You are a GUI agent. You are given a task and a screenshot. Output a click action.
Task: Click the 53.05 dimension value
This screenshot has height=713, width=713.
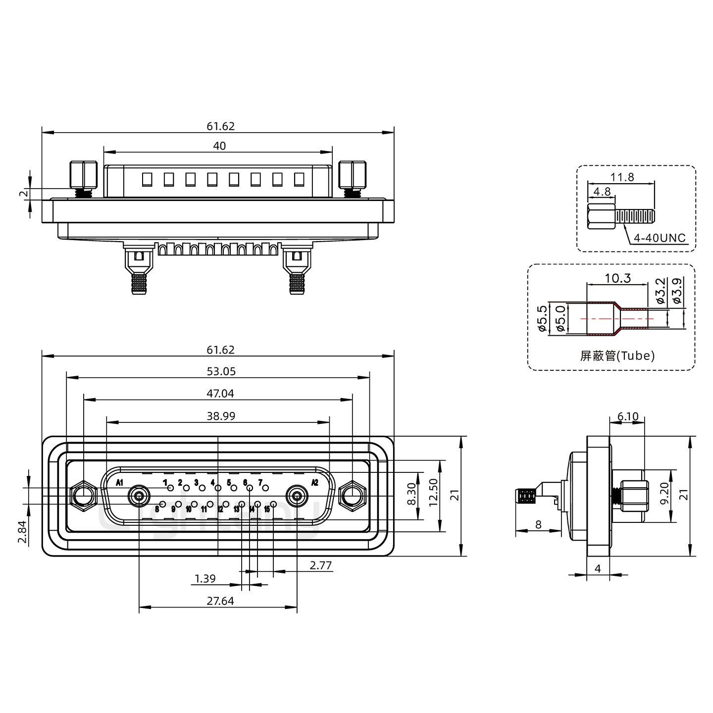(221, 371)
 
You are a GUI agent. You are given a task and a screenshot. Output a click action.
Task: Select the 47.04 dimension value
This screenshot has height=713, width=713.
(221, 394)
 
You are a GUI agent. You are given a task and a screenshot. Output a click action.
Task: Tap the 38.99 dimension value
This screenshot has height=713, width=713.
(221, 416)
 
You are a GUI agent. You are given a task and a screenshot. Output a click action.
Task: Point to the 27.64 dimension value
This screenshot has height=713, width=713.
(220, 601)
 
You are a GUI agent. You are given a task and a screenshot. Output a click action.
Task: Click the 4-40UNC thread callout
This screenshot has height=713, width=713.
(660, 238)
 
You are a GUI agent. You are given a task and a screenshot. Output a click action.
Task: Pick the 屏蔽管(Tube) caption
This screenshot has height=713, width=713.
(617, 356)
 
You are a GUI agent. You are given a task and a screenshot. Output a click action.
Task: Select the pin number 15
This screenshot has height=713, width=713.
(267, 509)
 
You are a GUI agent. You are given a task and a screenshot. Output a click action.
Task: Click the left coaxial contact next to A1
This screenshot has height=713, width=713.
(139, 495)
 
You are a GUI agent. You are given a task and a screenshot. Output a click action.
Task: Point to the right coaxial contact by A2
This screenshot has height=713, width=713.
(298, 495)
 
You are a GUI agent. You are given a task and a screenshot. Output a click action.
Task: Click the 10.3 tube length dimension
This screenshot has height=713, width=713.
(617, 278)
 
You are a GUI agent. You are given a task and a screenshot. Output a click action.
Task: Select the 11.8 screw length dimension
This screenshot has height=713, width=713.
(622, 177)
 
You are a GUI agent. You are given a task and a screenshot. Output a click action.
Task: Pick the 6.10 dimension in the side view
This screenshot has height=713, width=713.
(628, 417)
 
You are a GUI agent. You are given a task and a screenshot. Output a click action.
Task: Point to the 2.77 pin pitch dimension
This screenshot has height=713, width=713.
(321, 565)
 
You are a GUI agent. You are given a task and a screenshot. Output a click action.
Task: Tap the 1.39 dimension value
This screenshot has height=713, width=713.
(205, 578)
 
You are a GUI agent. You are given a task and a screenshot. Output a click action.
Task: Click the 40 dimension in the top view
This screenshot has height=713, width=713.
(219, 146)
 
